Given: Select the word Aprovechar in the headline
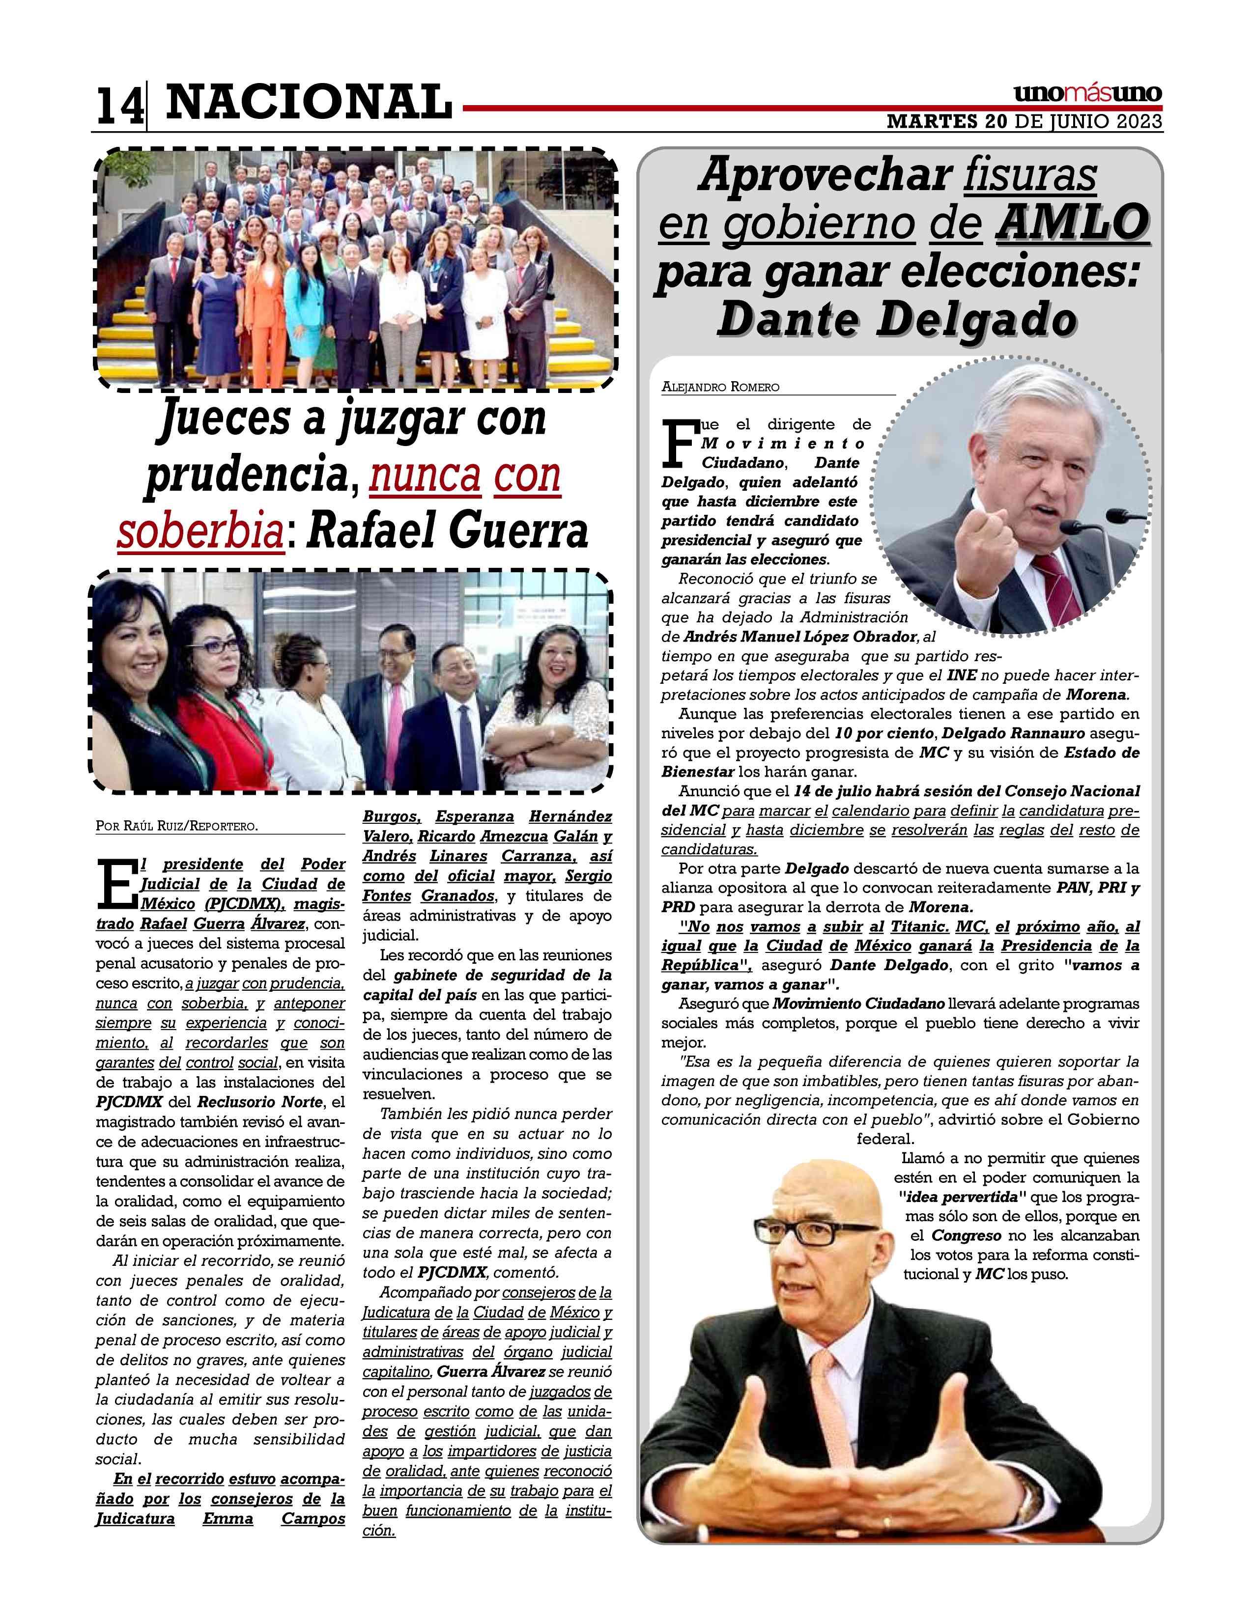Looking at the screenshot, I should pos(825,176).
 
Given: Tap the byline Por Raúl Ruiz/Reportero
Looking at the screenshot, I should pos(177,825).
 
